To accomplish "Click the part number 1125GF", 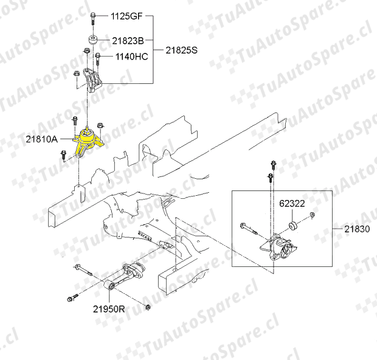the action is point(126,16).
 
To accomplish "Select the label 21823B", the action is point(128,41).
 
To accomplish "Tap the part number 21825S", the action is point(182,50).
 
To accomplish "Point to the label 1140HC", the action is point(131,57).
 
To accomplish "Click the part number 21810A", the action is point(42,139).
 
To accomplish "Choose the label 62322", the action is point(292,204).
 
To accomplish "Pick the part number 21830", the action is point(357,229).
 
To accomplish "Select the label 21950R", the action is point(109,309).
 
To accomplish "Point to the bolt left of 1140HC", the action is point(98,59).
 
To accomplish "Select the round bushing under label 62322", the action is point(292,226).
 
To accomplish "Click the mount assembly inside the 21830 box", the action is point(282,248).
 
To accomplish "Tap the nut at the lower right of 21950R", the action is point(148,307).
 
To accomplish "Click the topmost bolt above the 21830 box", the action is point(273,165).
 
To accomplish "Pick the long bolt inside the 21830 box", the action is point(249,229).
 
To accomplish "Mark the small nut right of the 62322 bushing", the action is point(312,215).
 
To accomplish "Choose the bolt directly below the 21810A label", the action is point(63,155).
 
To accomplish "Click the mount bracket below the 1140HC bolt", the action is point(92,80).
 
